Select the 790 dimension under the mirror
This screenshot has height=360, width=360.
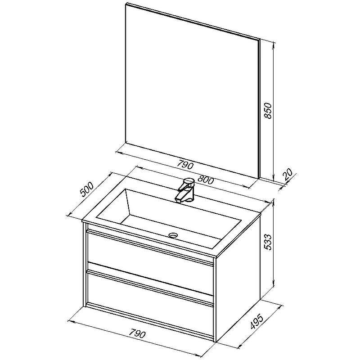[x=185, y=165]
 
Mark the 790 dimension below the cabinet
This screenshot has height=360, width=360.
[x=137, y=333]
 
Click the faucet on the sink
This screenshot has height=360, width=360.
[x=186, y=191]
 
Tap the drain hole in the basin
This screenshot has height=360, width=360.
[x=173, y=235]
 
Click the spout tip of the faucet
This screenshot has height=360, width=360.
[x=179, y=200]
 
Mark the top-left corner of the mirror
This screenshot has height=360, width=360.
[x=127, y=4]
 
